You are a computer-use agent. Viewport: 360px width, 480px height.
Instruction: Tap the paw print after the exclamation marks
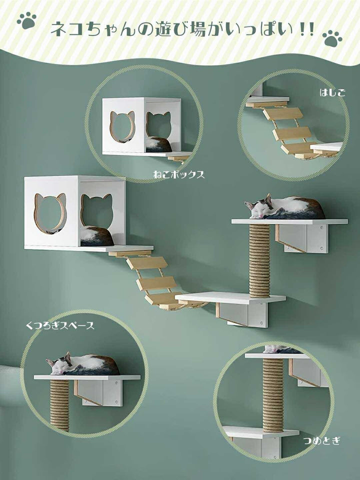tap(332, 38)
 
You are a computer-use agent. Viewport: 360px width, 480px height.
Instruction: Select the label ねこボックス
tap(178, 175)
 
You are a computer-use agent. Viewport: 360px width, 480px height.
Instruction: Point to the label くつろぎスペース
tap(60, 326)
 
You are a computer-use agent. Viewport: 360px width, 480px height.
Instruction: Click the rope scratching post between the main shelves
tap(259, 260)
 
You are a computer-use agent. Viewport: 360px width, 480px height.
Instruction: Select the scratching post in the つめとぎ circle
tap(273, 395)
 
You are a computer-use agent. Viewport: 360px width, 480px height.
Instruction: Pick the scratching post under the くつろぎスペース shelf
tap(59, 404)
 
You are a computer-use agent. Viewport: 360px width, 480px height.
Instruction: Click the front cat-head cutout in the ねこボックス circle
tap(122, 126)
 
